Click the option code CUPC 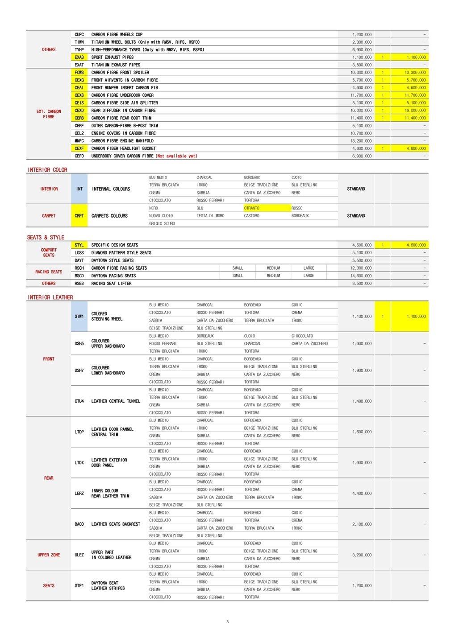[x=79, y=34]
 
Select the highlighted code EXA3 [x=79, y=57]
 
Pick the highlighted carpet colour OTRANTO [x=252, y=208]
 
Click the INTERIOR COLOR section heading [x=47, y=170]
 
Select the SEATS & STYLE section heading [x=46, y=237]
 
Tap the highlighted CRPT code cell [x=79, y=216]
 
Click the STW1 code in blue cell [x=79, y=317]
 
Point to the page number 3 [x=227, y=622]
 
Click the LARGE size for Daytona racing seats [x=309, y=276]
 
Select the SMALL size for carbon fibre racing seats [x=238, y=268]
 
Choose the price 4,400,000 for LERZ [x=362, y=494]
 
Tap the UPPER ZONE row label [x=49, y=555]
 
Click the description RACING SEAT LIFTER [x=111, y=283]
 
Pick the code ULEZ [x=79, y=555]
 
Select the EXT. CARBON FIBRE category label [x=49, y=114]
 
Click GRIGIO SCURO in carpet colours [x=162, y=223]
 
